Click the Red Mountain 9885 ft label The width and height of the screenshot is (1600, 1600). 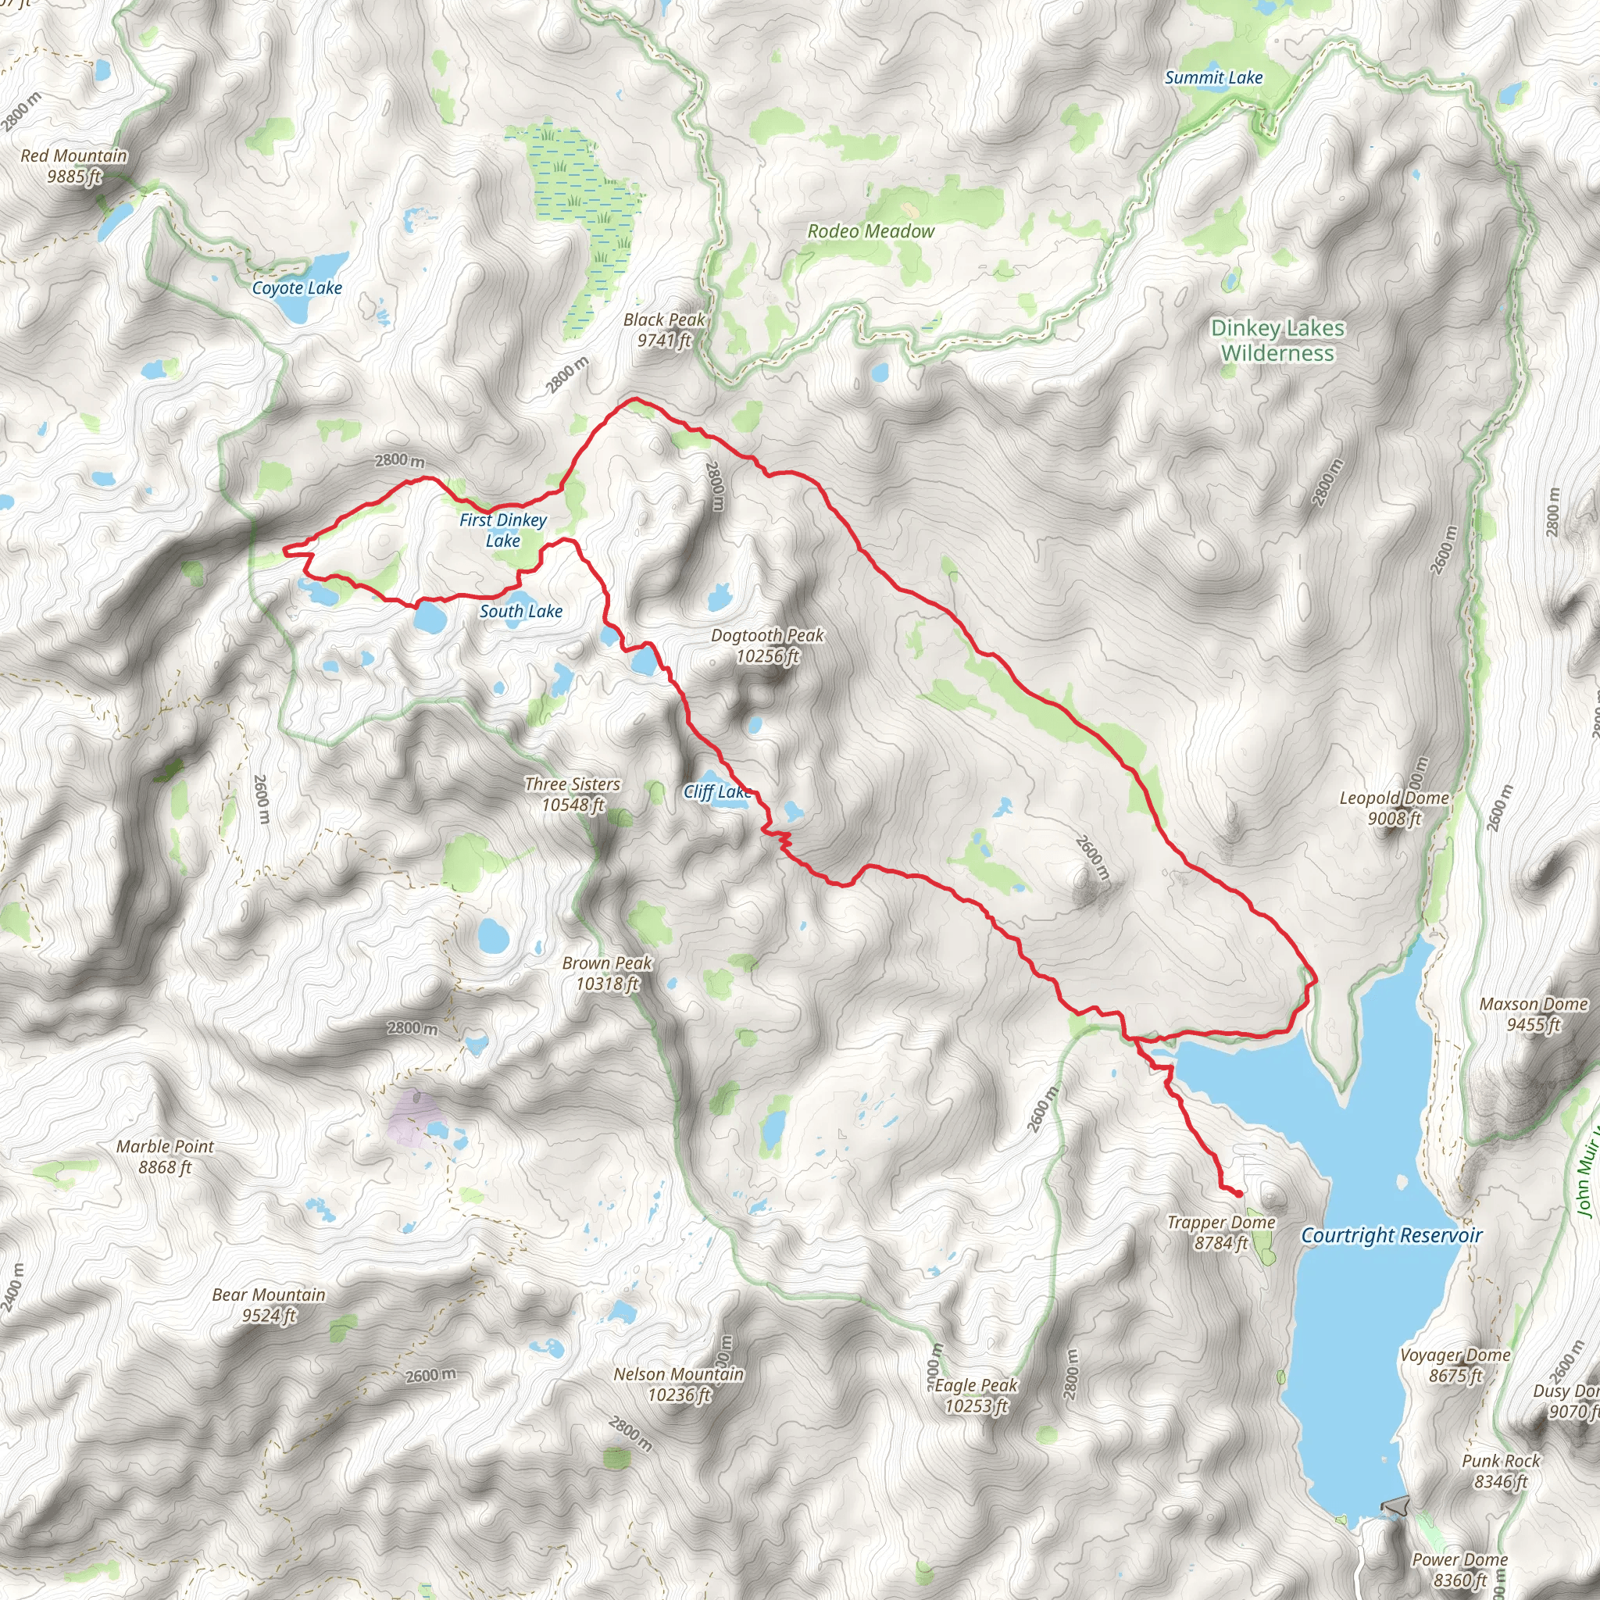[x=73, y=166]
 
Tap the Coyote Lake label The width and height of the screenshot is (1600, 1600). [x=296, y=288]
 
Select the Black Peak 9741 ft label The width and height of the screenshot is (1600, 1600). [x=664, y=330]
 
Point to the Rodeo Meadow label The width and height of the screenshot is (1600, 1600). [x=870, y=232]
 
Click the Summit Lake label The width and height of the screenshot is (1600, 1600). [x=1213, y=78]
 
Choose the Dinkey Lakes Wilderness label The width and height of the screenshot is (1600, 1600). [x=1277, y=341]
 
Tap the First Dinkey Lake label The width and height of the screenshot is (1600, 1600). [x=502, y=530]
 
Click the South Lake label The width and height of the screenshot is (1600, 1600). [x=521, y=611]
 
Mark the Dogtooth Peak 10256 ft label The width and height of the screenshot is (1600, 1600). [x=768, y=645]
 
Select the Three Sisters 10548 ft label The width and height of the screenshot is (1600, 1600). [x=572, y=794]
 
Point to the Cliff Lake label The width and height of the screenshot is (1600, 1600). [x=717, y=791]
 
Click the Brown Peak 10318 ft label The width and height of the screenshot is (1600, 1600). [x=607, y=973]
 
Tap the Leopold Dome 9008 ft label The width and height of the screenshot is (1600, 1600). [x=1394, y=808]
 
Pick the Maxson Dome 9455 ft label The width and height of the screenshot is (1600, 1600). [x=1533, y=1013]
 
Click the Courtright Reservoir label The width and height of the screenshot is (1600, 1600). [x=1391, y=1236]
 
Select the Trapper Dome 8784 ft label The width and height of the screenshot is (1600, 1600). [x=1221, y=1232]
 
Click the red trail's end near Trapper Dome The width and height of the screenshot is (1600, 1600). [x=1238, y=1194]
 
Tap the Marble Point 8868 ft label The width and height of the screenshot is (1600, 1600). [x=165, y=1156]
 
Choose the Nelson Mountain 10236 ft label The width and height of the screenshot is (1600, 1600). [x=678, y=1384]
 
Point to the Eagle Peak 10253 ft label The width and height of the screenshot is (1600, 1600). [x=976, y=1395]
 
